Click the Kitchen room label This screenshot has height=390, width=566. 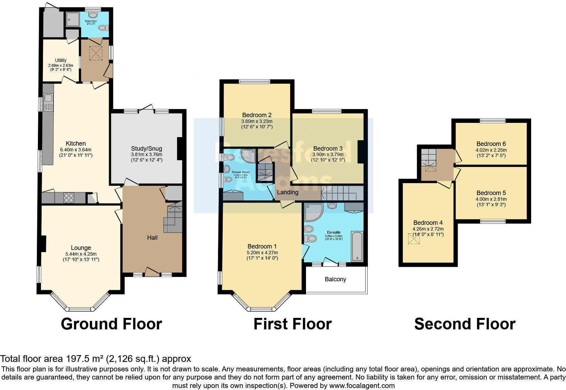pyautogui.click(x=75, y=144)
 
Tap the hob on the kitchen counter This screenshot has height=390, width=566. pyautogui.click(x=69, y=197)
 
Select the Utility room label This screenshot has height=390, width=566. pyautogui.click(x=61, y=60)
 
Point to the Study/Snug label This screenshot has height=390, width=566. pyautogui.click(x=147, y=149)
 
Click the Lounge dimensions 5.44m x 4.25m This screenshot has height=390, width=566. pyautogui.click(x=81, y=254)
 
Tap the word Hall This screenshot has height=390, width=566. pyautogui.click(x=152, y=238)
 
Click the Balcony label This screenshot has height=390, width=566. pyautogui.click(x=335, y=279)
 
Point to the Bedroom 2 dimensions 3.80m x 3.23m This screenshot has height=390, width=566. pyautogui.click(x=257, y=121)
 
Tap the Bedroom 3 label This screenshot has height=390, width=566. pyautogui.click(x=328, y=149)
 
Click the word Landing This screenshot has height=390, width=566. pyautogui.click(x=288, y=192)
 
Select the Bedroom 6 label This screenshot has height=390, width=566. pyautogui.click(x=491, y=144)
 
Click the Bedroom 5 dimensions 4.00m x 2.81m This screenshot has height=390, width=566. pyautogui.click(x=491, y=199)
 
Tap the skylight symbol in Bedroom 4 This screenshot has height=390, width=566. pyautogui.click(x=414, y=239)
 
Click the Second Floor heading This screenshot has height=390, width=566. pyautogui.click(x=464, y=324)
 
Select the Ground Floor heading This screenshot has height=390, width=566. pyautogui.click(x=111, y=324)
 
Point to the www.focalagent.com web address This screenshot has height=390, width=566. pyautogui.click(x=362, y=385)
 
